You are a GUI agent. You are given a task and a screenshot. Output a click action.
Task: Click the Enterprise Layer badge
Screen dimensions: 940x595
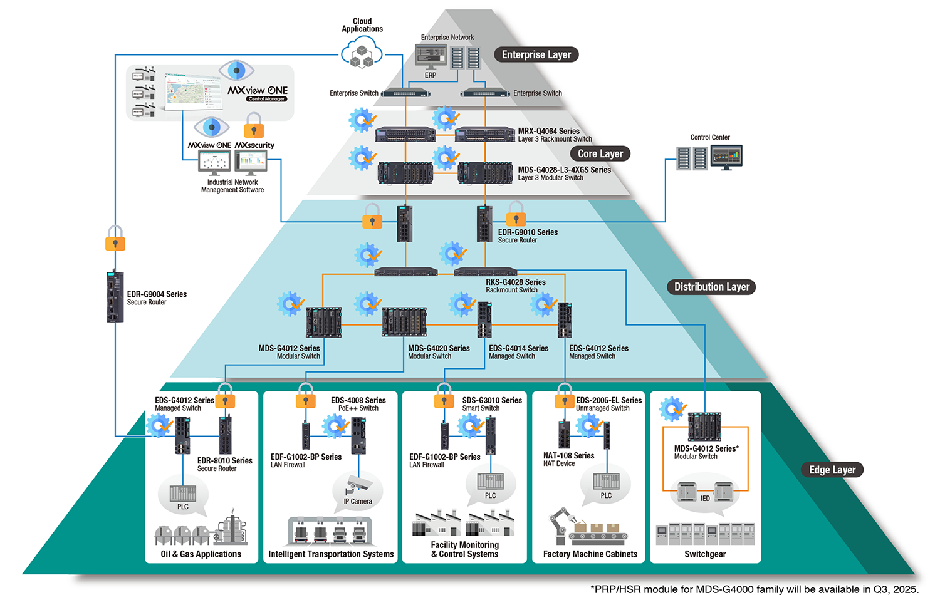536,54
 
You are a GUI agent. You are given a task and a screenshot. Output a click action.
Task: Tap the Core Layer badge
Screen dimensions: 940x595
600,153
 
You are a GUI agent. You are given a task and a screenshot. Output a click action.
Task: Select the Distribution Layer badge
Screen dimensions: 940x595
711,287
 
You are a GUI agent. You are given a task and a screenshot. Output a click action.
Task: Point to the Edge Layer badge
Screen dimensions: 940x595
832,470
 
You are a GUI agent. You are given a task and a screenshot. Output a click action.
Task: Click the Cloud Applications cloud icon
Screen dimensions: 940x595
362,52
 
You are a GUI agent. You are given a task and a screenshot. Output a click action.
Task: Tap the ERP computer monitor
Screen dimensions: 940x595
431,57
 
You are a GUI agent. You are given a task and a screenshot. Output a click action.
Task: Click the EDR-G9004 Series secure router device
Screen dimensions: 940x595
115,296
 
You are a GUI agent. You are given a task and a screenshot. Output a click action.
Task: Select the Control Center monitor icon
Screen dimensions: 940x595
726,157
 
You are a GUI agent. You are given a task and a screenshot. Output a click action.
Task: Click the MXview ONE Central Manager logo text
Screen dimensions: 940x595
258,93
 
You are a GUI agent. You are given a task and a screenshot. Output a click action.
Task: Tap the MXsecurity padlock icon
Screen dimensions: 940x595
254,125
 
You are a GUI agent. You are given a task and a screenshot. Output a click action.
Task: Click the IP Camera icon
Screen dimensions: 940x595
358,484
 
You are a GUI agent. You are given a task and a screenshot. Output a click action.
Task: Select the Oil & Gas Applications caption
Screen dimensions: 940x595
201,554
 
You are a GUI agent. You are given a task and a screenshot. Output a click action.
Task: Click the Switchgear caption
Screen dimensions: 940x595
705,554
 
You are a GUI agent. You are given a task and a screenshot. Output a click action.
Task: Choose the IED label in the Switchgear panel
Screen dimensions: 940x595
705,498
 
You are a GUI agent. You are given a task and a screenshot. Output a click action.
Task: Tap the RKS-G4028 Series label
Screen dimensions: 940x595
516,282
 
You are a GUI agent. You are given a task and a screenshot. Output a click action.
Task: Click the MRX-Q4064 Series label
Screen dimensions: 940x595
548,131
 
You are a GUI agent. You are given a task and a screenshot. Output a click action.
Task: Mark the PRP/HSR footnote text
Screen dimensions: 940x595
755,589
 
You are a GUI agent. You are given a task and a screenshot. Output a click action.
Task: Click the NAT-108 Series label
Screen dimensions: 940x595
568,455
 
